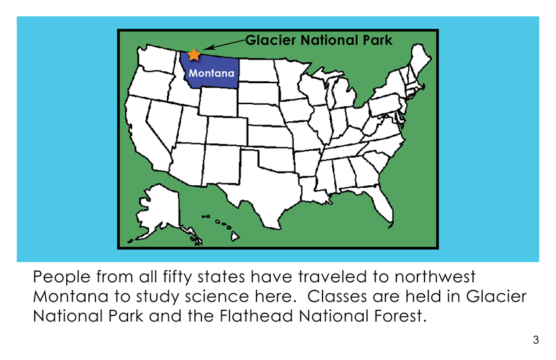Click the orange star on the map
coord(194,54)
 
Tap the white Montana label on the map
coord(211,73)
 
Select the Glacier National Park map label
coord(319,40)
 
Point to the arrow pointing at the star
coord(224,45)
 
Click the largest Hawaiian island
coord(235,236)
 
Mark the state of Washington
coord(156,58)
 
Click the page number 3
coord(536,340)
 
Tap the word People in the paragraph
coord(61,277)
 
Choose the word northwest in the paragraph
coord(435,277)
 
